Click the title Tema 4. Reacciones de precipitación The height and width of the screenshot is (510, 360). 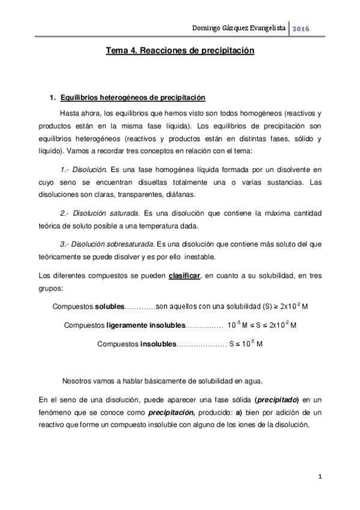click(x=180, y=52)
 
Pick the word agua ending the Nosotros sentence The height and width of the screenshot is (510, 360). click(x=252, y=381)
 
